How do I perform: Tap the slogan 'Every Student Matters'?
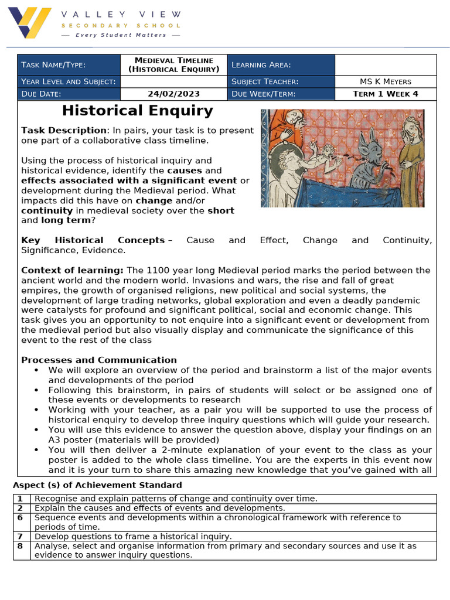(121, 35)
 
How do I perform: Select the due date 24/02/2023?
(173, 94)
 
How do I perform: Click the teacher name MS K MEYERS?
(386, 81)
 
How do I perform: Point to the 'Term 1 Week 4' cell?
(386, 94)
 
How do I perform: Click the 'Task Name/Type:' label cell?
(68, 65)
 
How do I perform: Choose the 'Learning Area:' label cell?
(282, 65)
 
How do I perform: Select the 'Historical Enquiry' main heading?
(138, 111)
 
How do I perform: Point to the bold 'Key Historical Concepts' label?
(93, 240)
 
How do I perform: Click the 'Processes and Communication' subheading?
(99, 360)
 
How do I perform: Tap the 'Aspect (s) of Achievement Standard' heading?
(97, 485)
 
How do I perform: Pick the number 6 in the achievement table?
(20, 518)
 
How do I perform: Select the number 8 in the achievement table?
(20, 546)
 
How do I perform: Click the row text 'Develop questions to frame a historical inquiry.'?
(133, 536)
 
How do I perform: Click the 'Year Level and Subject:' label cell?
(68, 81)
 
